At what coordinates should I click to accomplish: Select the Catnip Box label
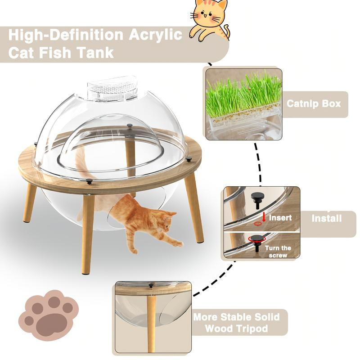coord(314,103)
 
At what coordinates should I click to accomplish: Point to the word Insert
coord(280,217)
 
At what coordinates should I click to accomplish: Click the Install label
coord(327,219)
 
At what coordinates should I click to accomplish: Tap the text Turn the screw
coord(278,252)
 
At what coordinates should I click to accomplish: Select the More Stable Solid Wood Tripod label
coord(236,323)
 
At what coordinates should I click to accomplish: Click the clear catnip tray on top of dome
coord(112,89)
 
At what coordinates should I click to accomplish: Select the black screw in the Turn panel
coord(257,241)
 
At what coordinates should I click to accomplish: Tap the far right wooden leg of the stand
coord(194,207)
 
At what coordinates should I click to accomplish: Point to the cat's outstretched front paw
coord(178,243)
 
